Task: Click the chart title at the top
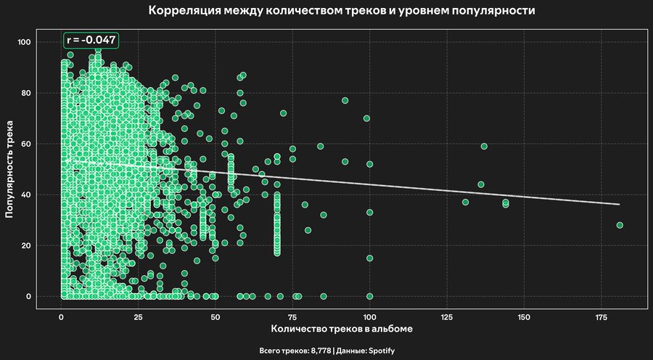[342, 12]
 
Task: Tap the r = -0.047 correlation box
[91, 41]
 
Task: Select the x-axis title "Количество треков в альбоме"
[341, 329]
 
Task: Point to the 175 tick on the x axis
[601, 317]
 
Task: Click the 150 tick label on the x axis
[524, 317]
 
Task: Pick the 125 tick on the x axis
[447, 317]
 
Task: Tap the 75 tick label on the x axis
[292, 317]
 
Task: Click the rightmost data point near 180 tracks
[620, 225]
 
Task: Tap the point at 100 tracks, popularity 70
[366, 118]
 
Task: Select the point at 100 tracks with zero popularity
[369, 296]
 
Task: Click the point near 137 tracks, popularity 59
[484, 146]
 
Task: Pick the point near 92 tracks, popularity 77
[345, 100]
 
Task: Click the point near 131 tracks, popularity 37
[465, 202]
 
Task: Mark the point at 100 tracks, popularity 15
[369, 258]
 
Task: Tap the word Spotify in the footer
[379, 351]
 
